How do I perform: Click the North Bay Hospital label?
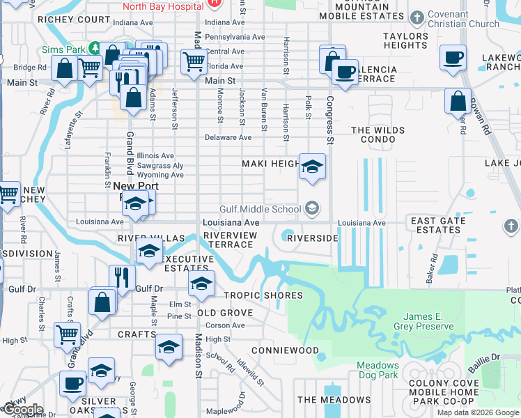click(x=164, y=6)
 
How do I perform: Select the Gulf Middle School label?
click(x=261, y=209)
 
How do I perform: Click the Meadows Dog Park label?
click(x=378, y=370)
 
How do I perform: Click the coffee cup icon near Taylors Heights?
click(x=453, y=57)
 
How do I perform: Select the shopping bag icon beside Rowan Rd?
click(x=458, y=102)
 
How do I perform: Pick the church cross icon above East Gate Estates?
click(x=511, y=226)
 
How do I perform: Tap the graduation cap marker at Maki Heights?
click(x=312, y=167)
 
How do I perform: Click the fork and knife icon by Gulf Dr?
click(x=122, y=277)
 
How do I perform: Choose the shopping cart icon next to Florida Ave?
click(x=193, y=61)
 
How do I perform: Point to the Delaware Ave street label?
click(x=228, y=137)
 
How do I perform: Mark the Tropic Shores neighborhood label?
click(x=263, y=295)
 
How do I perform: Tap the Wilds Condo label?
click(x=378, y=136)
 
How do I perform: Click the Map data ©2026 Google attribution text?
click(x=478, y=412)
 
